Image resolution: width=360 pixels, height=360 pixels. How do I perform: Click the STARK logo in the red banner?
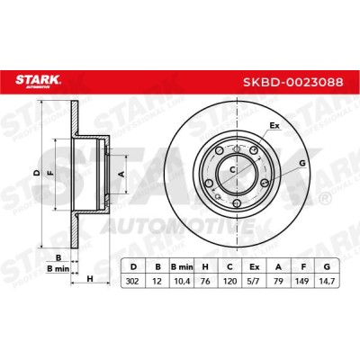pos(38,81)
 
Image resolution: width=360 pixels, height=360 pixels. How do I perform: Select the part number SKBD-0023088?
pos(292,82)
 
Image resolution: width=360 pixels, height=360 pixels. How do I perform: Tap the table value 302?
pos(132,282)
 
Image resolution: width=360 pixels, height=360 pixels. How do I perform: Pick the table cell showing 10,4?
pos(181,282)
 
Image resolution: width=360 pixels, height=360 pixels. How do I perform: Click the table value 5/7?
pos(254,282)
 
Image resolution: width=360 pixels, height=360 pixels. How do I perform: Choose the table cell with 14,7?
pos(327,282)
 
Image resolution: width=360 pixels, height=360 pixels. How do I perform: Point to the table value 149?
pos(302,282)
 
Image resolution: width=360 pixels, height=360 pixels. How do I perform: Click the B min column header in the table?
pos(182,266)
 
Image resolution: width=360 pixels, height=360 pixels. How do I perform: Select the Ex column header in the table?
pos(255,266)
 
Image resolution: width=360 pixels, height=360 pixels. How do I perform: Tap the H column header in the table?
pos(205,266)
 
